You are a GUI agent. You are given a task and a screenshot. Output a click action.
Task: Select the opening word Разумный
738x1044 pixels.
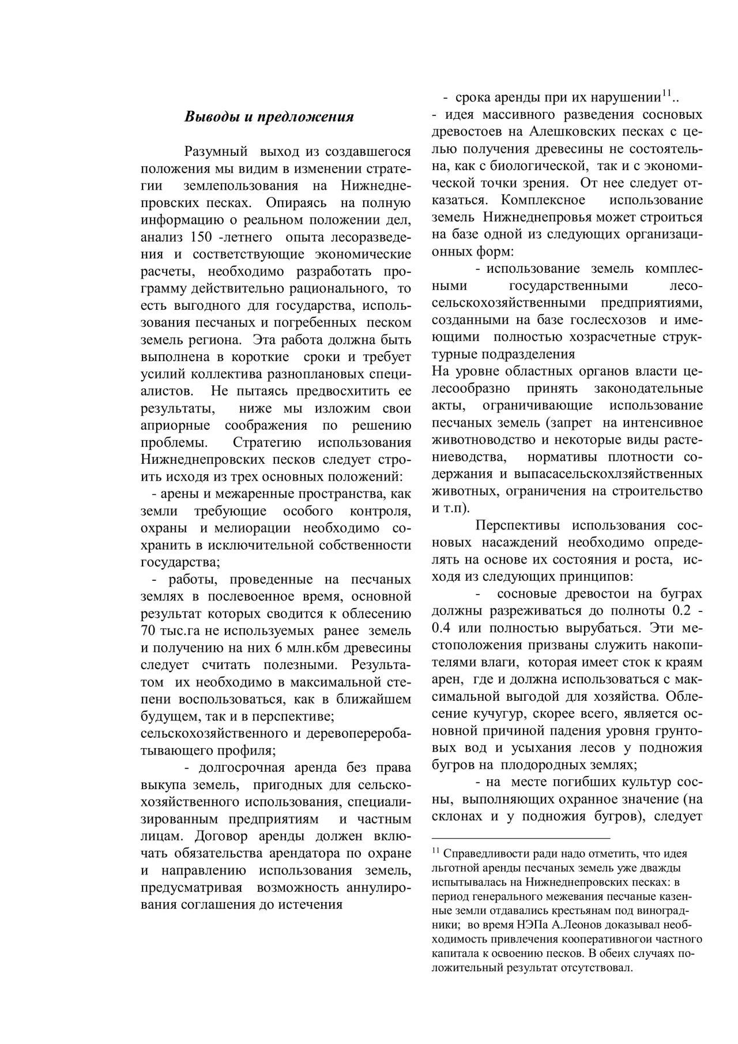click(216, 152)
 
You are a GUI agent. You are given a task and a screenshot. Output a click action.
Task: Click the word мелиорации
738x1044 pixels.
click(254, 528)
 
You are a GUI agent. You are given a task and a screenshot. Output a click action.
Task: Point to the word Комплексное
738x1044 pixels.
click(543, 200)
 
